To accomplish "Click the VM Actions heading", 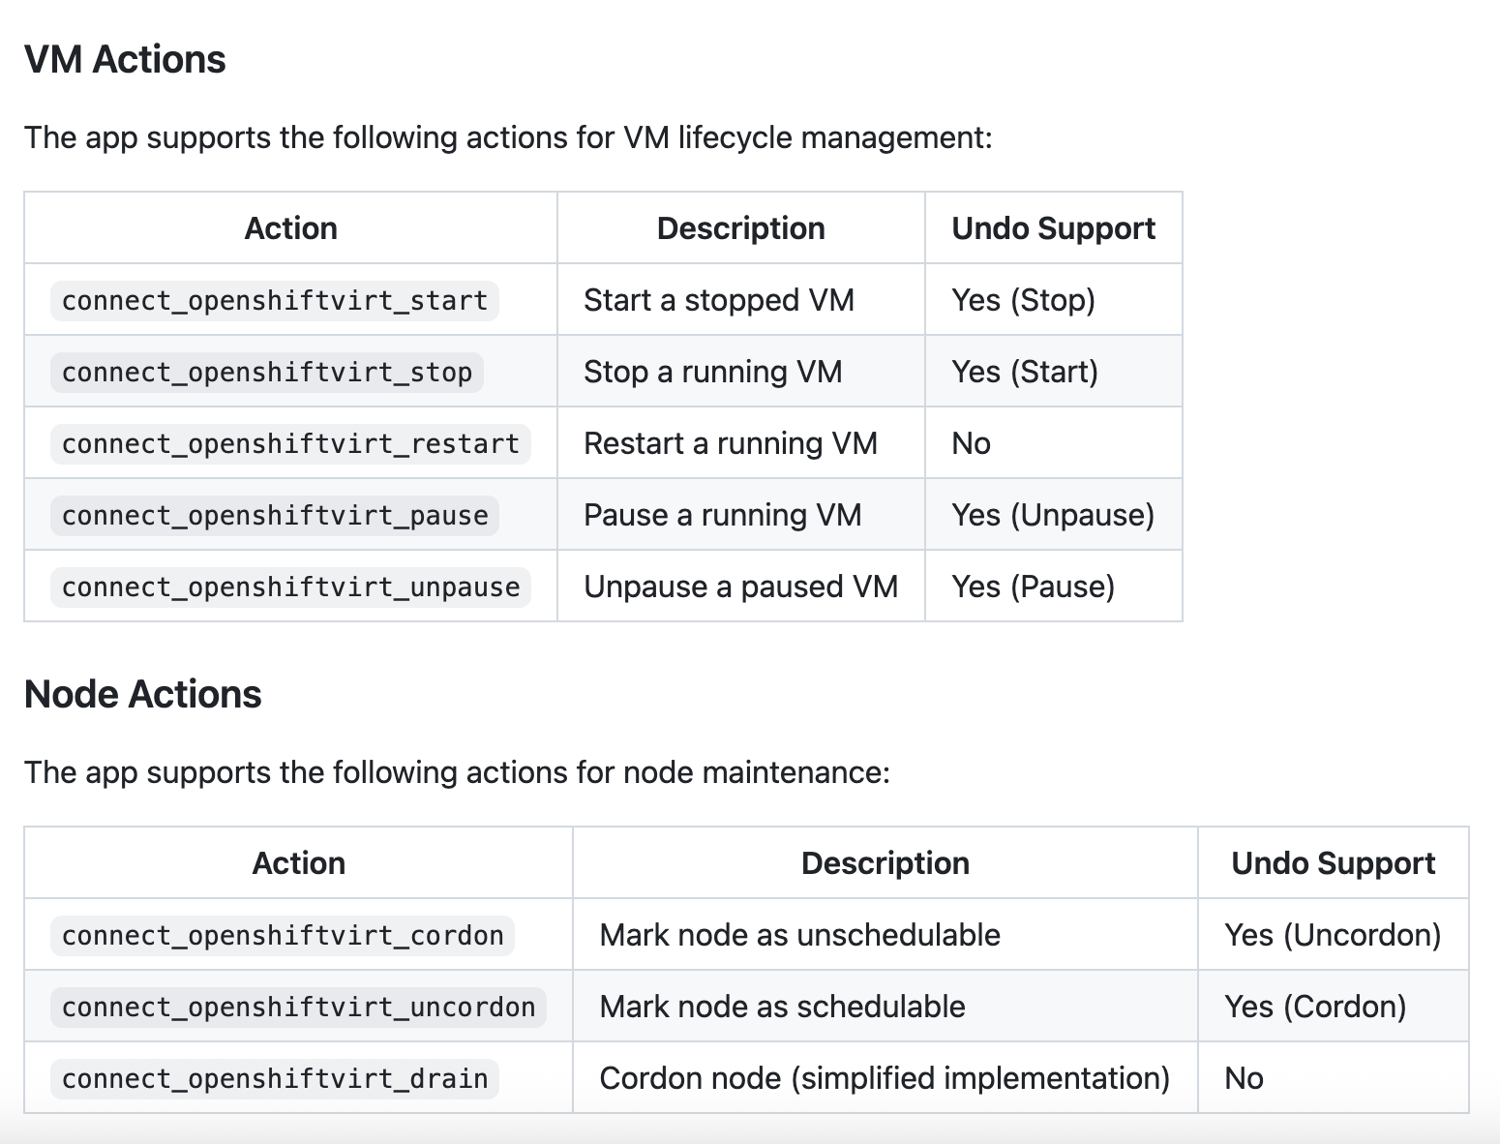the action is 125,59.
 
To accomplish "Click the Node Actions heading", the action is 143,694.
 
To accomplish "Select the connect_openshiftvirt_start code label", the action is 275,301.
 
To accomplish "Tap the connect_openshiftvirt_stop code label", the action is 266,373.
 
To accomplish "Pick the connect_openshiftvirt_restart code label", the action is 290,444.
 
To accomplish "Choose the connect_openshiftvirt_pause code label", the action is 275,516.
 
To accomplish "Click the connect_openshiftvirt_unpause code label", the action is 290,587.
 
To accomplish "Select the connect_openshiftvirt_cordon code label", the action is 283,936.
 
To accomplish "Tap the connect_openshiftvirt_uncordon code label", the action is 299,1008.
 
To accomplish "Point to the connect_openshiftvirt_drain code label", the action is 275,1079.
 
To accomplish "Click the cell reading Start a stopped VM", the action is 719,301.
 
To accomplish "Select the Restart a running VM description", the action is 731,444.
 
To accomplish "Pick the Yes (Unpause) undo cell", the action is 1053,515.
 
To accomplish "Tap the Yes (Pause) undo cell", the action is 1034,587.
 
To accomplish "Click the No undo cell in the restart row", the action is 971,444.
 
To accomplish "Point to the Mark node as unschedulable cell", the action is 799,936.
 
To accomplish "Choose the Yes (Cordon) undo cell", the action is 1315,1008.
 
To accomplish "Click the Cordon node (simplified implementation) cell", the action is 885,1079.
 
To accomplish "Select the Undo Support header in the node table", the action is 1334,864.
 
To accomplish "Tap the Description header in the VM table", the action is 740,229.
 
